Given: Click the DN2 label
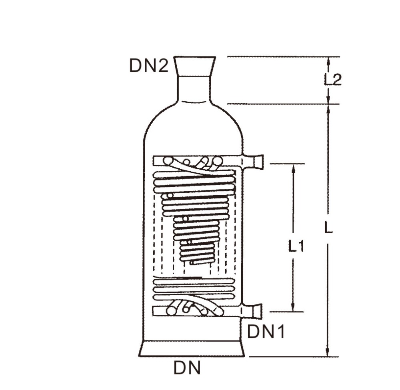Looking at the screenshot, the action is (x=149, y=66).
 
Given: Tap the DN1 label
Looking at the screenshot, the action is (x=266, y=332).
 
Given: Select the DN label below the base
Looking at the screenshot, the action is (x=187, y=368).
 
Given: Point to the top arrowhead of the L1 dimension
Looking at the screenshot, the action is (x=294, y=167).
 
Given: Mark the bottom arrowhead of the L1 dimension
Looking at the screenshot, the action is (x=294, y=308).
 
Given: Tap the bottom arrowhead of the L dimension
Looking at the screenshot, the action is (x=328, y=352).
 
